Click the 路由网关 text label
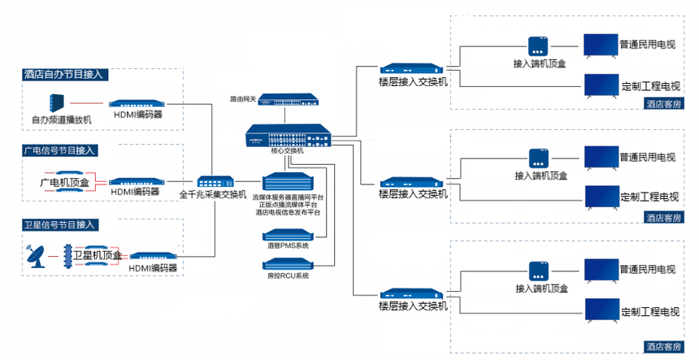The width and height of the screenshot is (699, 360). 243,99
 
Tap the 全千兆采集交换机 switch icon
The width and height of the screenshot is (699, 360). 215,182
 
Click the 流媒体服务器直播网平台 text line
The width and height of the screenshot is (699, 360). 288,197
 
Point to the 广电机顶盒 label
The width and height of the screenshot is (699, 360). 64,184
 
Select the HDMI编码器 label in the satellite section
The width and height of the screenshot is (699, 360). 153,267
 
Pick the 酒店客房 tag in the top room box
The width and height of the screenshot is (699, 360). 663,103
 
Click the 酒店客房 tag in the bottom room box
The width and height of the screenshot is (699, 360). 663,346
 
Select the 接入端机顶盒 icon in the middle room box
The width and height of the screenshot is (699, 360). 541,157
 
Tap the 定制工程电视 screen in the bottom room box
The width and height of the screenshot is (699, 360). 601,308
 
